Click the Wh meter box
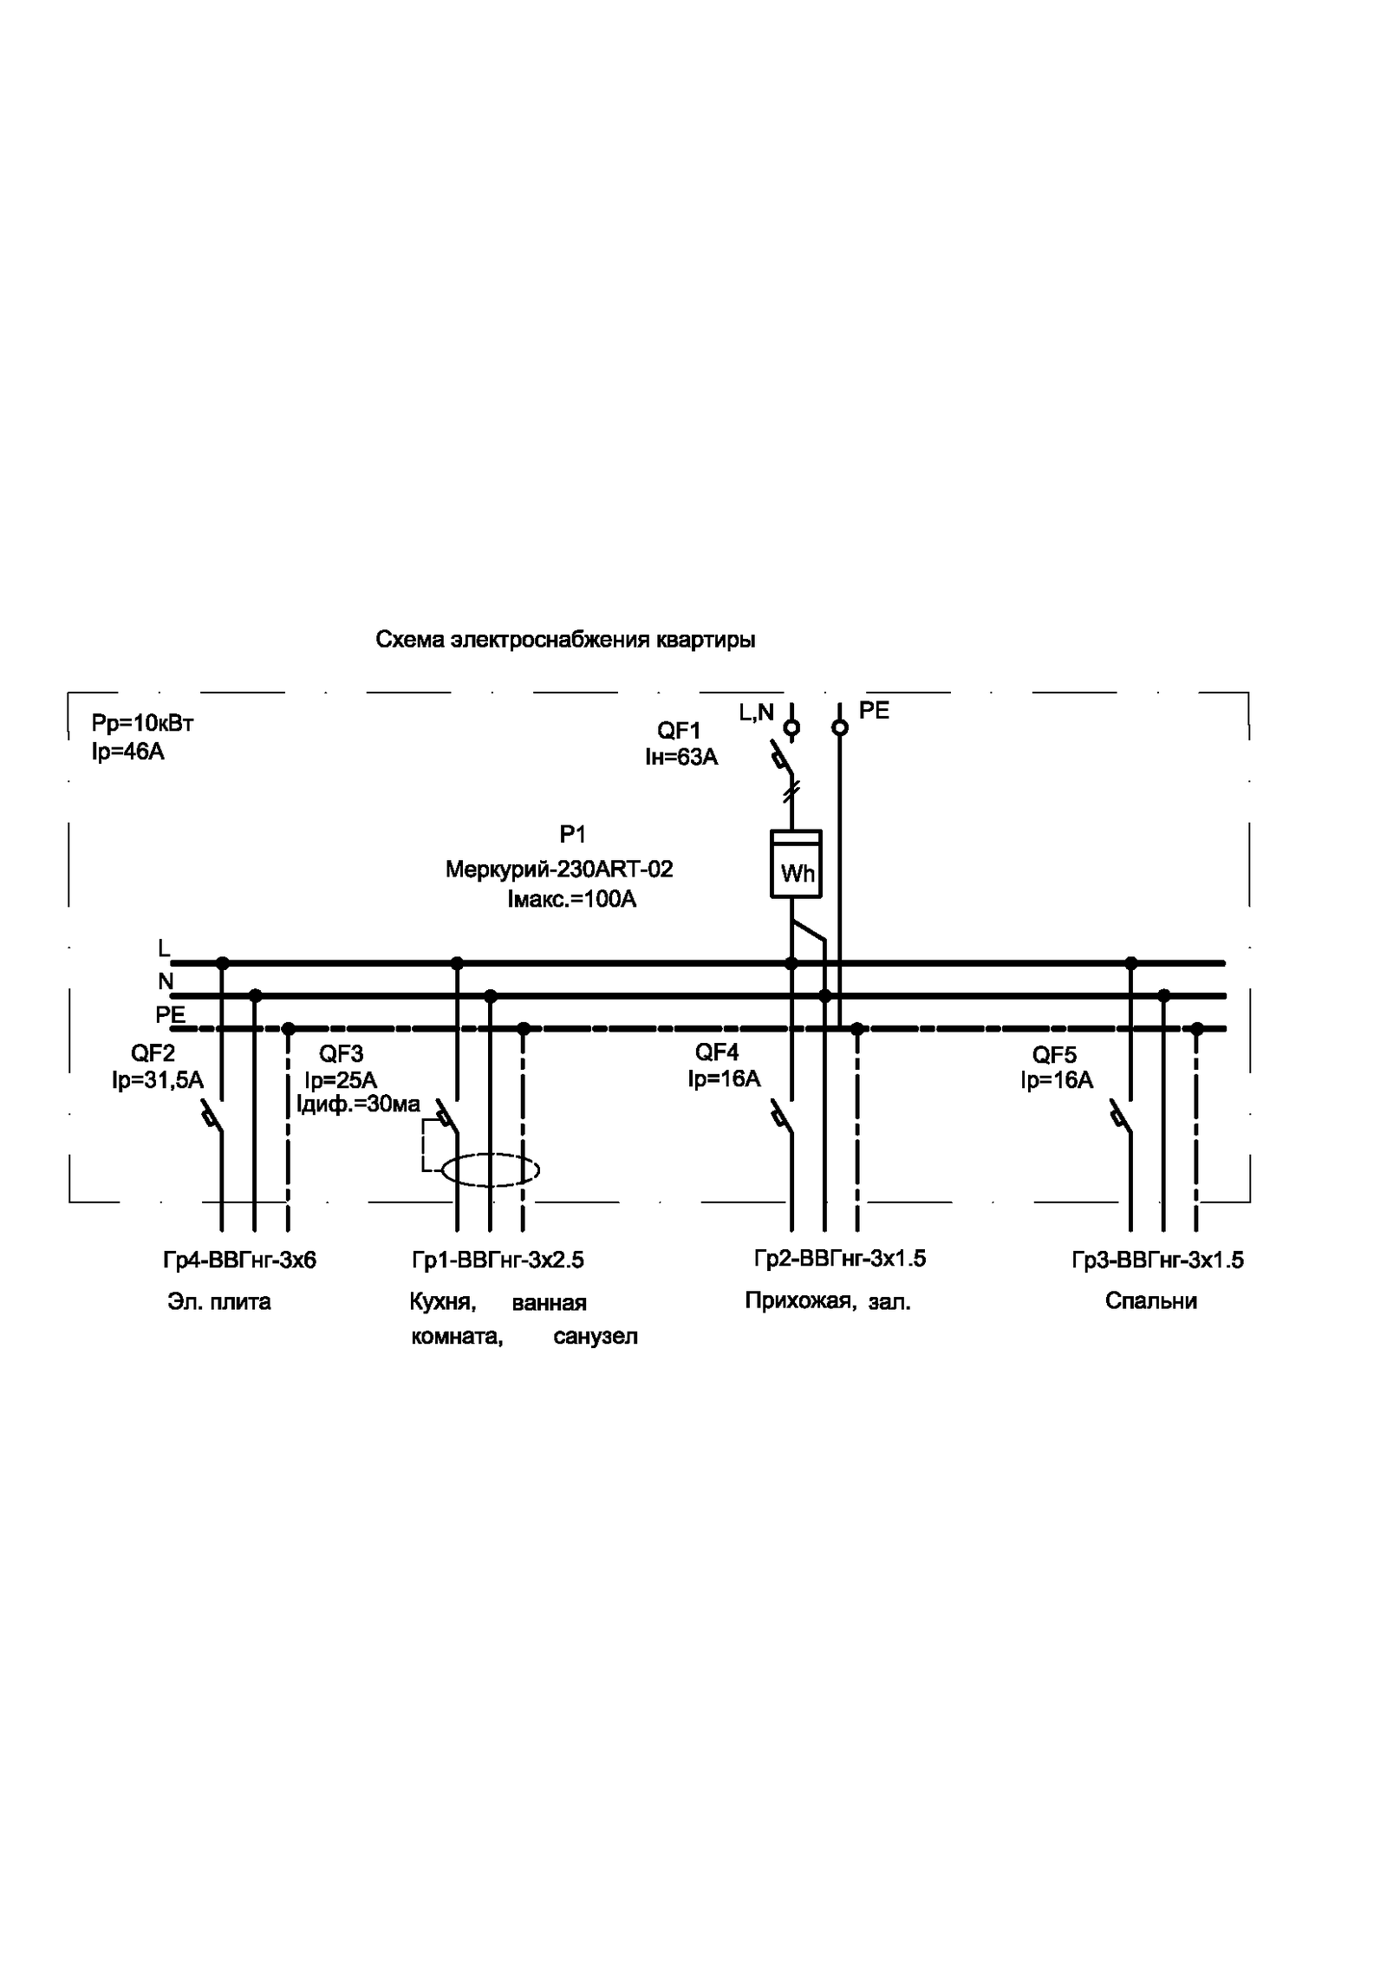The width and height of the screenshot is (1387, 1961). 796,863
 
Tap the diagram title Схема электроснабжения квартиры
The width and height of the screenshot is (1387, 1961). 565,640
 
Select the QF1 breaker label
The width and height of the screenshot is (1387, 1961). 679,730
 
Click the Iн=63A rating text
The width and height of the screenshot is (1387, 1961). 681,757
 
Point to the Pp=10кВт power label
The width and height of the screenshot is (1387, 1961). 142,723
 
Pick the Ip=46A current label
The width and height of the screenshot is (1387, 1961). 128,751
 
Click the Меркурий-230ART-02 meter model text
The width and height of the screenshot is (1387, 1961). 559,869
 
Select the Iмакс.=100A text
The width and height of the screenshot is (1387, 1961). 572,899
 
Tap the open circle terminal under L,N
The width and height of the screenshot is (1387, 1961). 791,727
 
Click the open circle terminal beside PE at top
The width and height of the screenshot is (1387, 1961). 839,727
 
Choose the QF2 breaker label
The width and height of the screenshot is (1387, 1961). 153,1053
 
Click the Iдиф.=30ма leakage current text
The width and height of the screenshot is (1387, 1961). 358,1104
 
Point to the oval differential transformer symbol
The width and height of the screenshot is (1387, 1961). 491,1170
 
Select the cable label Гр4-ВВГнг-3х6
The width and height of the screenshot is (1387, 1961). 240,1260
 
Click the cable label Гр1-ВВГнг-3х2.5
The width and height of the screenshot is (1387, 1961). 498,1260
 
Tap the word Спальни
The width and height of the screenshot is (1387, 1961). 1150,1301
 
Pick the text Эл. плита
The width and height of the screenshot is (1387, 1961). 219,1301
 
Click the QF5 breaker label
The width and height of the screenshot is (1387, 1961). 1054,1055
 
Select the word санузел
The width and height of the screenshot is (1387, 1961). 596,1336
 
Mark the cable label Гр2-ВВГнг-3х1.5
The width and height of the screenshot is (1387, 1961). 840,1258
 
